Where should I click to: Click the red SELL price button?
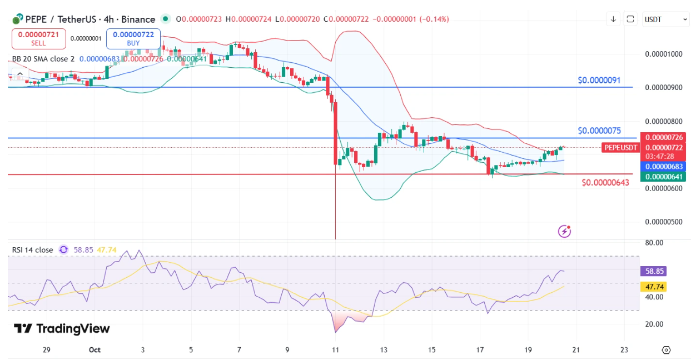[38, 38]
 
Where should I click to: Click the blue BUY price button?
[133, 38]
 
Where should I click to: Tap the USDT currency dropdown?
[665, 19]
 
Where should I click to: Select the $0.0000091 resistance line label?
[599, 80]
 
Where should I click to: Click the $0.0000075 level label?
[599, 131]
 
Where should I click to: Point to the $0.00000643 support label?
[605, 182]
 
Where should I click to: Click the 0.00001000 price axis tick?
[663, 54]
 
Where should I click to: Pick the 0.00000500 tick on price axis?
[663, 222]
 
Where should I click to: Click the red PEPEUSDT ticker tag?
[620, 147]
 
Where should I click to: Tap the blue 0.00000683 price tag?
[663, 166]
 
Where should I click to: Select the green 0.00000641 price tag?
[663, 177]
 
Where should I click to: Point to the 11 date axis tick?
[335, 350]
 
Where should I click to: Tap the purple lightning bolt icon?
[565, 231]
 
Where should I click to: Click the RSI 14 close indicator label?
[33, 250]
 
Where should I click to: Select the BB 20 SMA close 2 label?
[43, 59]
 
